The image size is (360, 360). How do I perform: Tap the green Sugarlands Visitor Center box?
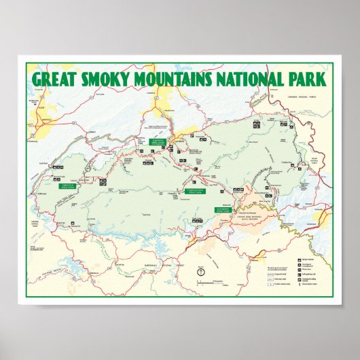[x=158, y=141]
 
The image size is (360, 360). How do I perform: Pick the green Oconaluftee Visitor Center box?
[x=223, y=209]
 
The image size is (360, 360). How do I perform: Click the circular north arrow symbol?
[x=200, y=272]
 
